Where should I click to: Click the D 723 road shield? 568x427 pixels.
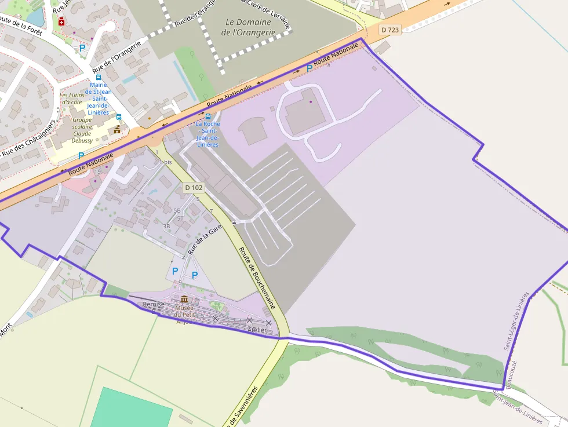click(x=391, y=29)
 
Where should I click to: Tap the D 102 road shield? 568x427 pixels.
click(x=194, y=188)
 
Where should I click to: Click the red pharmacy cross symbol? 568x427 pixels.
click(x=61, y=21)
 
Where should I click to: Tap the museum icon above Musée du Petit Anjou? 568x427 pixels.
click(x=184, y=299)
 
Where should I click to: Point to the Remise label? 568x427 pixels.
click(x=154, y=304)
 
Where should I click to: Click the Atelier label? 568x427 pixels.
click(x=257, y=330)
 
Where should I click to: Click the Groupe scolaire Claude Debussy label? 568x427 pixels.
click(x=82, y=129)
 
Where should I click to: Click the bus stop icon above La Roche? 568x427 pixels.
click(x=208, y=116)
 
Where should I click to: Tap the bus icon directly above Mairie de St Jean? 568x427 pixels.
click(x=98, y=77)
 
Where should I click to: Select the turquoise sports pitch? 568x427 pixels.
click(x=132, y=409)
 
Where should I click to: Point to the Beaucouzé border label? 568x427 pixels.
click(x=511, y=374)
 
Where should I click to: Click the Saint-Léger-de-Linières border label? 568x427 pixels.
click(x=517, y=320)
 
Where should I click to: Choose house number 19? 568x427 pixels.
click(x=97, y=171)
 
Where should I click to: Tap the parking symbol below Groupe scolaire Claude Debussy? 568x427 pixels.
click(x=81, y=155)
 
